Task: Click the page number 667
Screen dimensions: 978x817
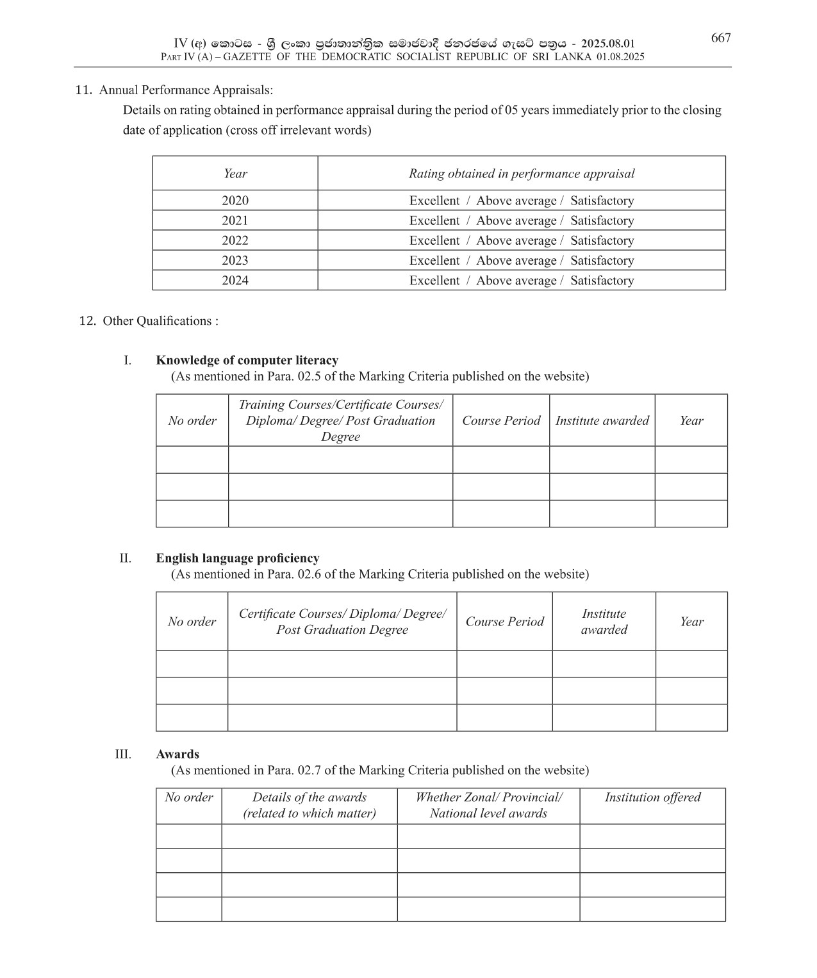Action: [x=720, y=38]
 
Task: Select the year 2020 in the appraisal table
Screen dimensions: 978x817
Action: [x=235, y=201]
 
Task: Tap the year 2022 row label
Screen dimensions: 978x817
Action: [x=235, y=240]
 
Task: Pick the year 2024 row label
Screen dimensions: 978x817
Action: [x=235, y=280]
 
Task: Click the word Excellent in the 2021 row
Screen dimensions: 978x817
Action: [x=434, y=220]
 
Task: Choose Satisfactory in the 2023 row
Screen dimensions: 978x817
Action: [x=602, y=260]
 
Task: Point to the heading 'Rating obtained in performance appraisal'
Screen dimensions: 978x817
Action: [x=522, y=174]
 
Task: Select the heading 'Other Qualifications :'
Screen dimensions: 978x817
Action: [x=160, y=321]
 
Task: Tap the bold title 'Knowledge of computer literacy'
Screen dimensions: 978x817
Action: [x=247, y=360]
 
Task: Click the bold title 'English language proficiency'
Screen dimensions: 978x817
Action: [x=237, y=558]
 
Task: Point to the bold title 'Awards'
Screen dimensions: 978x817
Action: [x=177, y=754]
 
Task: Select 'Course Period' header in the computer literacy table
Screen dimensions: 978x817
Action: [x=501, y=420]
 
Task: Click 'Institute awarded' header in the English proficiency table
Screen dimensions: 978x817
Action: [x=604, y=622]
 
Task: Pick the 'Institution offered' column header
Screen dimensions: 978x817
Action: [x=652, y=797]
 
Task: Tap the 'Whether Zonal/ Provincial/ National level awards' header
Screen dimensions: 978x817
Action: [x=488, y=806]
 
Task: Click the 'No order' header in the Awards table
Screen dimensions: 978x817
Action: [x=188, y=797]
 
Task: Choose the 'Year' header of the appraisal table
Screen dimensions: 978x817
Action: [x=235, y=174]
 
